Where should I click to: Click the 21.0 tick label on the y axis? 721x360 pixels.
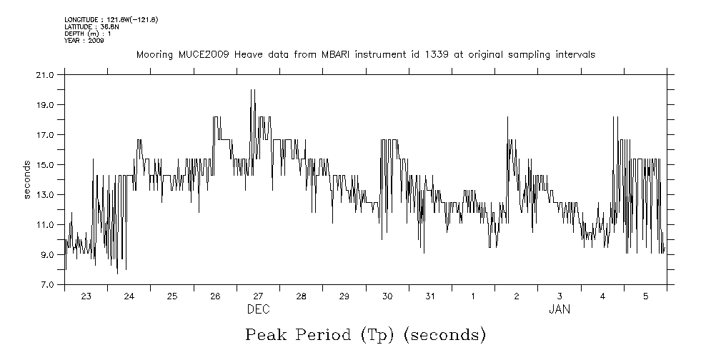click(46, 74)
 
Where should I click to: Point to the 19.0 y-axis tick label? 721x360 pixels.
click(46, 104)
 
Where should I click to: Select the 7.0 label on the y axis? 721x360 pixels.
click(47, 284)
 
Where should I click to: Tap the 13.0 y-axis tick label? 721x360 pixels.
click(46, 194)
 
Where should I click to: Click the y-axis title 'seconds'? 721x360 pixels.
click(27, 179)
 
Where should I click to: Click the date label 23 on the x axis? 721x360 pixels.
click(86, 296)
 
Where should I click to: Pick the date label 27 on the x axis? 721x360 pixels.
click(258, 296)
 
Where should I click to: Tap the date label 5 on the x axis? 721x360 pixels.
click(645, 296)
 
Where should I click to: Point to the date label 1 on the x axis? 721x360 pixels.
click(473, 296)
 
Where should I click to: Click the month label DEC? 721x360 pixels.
click(258, 309)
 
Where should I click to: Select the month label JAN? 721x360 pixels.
click(560, 309)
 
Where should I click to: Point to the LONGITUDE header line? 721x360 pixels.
click(111, 19)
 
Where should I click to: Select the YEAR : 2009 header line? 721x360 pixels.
click(84, 41)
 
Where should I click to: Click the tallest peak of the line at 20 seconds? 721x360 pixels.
click(252, 90)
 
